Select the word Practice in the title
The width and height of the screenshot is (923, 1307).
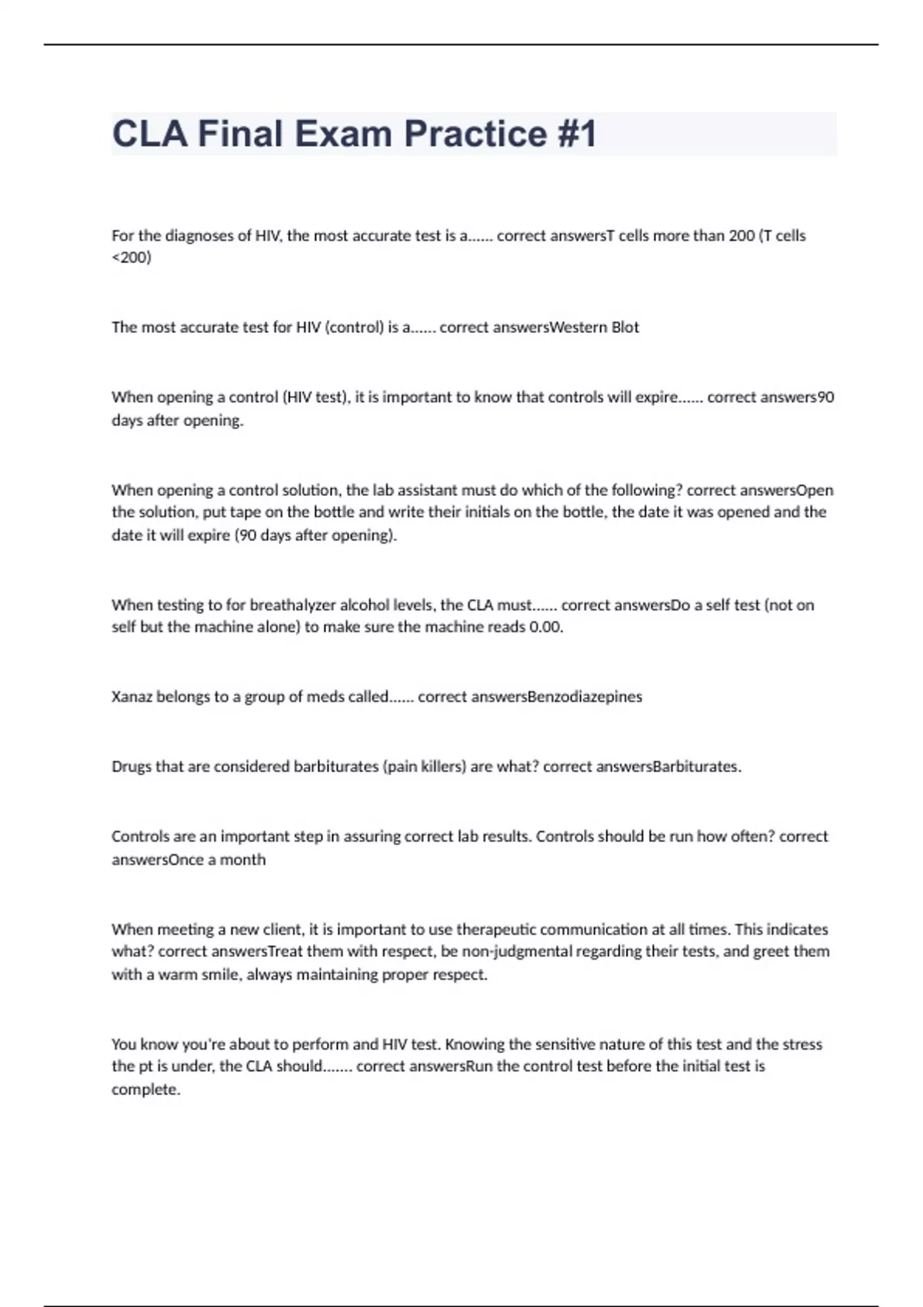(475, 134)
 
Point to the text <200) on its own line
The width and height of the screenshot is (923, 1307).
(132, 258)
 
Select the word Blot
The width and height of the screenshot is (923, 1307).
(625, 328)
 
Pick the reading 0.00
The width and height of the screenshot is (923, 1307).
(546, 627)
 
